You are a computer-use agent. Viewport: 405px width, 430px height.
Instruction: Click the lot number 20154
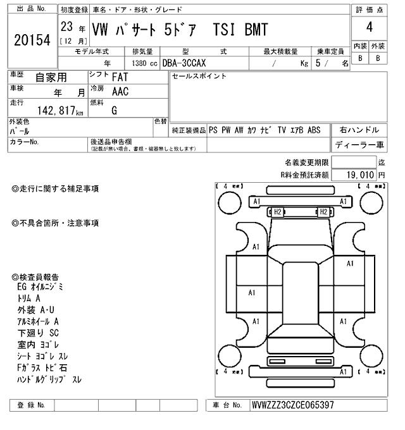[31, 40]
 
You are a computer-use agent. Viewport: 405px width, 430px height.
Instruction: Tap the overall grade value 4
[368, 28]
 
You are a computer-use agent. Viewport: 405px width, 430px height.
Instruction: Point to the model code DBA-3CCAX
[188, 63]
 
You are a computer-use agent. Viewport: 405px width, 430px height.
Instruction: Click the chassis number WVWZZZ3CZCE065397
[292, 405]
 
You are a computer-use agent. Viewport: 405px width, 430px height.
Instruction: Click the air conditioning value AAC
[121, 92]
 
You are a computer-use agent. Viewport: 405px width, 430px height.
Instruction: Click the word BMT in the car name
[256, 30]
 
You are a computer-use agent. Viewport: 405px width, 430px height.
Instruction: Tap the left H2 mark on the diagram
[277, 212]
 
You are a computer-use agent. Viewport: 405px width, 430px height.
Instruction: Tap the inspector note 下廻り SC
[38, 332]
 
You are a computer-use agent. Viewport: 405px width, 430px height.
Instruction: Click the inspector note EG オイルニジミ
[40, 286]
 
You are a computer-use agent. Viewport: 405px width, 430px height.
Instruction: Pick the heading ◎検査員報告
[35, 277]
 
